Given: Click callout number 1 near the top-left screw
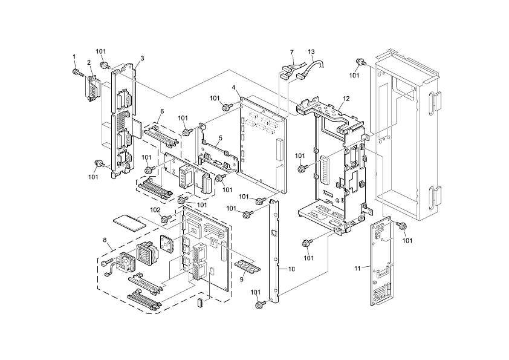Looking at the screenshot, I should coord(74,57).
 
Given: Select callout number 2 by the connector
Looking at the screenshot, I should coord(88,62).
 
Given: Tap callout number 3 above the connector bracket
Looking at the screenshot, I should coord(141,59).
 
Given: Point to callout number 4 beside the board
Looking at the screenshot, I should coord(233,88).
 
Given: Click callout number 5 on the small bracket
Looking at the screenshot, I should coord(221,138).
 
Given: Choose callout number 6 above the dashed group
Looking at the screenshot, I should coord(162,111).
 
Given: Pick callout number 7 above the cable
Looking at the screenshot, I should coord(291,52).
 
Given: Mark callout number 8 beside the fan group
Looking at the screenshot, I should coord(105,240).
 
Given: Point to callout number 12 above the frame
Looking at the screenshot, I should coord(346,98).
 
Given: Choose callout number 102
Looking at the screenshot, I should coord(155,210).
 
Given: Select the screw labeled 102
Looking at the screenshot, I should coord(170,218).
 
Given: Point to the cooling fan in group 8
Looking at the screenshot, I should coord(128,261).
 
